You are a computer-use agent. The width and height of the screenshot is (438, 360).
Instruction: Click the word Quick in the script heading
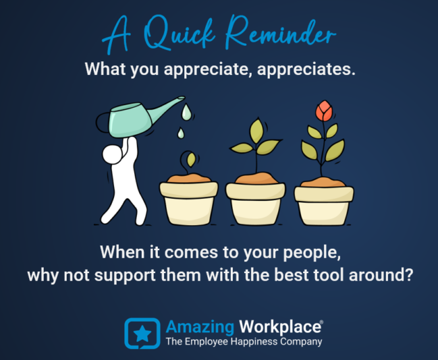click(180, 34)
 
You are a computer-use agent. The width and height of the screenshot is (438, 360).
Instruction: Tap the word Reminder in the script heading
click(280, 32)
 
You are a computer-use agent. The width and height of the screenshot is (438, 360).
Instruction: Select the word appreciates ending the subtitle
click(306, 69)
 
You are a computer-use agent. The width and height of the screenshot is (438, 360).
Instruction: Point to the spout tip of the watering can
click(183, 98)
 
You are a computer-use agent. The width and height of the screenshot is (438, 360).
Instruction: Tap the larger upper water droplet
click(186, 112)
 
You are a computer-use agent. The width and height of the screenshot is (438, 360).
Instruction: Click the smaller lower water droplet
click(181, 133)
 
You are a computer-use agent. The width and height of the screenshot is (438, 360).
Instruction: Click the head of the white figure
click(112, 154)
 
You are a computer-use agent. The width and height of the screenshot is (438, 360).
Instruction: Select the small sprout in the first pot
click(190, 162)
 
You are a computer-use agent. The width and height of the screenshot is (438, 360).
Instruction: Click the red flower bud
click(324, 111)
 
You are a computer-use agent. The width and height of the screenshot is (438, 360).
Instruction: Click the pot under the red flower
click(324, 202)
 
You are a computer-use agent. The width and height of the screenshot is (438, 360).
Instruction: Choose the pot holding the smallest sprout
click(189, 200)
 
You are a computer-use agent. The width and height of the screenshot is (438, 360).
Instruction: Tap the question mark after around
click(408, 274)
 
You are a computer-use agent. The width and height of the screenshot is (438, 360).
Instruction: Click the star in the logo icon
click(142, 334)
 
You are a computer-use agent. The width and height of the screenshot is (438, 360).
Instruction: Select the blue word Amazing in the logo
click(200, 328)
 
